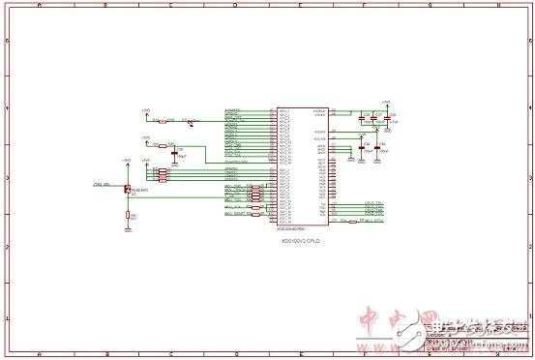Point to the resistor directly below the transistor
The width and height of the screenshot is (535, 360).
click(129, 216)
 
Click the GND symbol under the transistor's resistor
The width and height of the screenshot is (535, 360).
click(129, 230)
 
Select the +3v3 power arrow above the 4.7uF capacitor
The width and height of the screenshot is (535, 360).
click(386, 103)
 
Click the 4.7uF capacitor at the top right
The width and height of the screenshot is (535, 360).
click(386, 119)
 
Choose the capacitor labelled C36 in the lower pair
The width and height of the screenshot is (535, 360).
click(364, 149)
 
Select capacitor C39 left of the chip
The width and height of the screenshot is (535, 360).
click(175, 152)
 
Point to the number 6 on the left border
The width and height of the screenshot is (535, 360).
click(8, 42)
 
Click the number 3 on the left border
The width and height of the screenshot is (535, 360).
click(8, 180)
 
